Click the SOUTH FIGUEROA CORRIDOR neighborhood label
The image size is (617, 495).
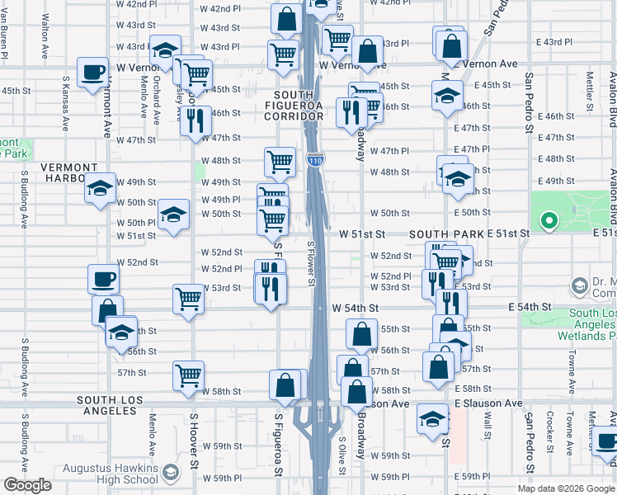[300, 106]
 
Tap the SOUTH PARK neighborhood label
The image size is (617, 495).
[446, 235]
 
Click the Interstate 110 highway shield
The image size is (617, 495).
[315, 161]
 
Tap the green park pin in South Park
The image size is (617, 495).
[548, 220]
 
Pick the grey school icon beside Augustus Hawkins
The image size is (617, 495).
[171, 474]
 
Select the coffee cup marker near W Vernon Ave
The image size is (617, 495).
[92, 71]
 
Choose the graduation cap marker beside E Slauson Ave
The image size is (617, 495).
[432, 417]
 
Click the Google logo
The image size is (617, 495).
[27, 485]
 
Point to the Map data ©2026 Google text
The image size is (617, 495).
[566, 488]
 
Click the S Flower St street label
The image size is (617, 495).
[311, 263]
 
